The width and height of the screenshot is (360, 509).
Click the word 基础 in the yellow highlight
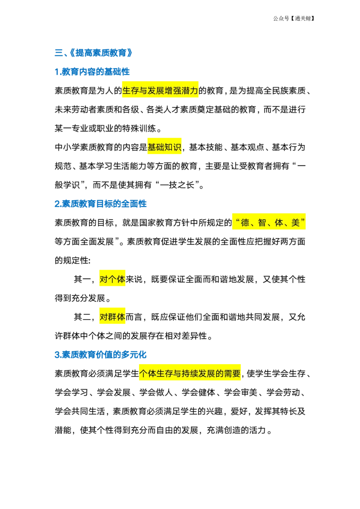[156, 147]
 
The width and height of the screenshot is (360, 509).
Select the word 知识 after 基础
[173, 147]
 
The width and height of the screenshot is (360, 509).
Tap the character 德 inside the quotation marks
[245, 223]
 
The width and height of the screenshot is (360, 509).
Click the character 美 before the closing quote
[296, 223]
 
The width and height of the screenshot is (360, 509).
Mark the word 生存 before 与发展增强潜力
[130, 91]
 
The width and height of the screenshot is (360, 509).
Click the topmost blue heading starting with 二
[93, 53]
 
